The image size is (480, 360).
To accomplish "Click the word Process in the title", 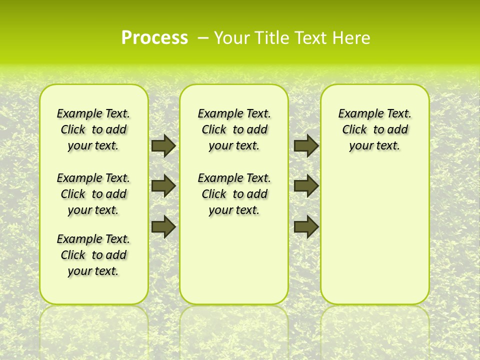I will [154, 37].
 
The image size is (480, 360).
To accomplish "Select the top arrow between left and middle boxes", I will [163, 145].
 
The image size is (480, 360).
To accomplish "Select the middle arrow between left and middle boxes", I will [163, 186].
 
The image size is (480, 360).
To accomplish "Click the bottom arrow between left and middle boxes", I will [163, 226].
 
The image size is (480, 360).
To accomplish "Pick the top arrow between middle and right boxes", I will [306, 145].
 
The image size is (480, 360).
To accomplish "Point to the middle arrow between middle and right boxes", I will [306, 186].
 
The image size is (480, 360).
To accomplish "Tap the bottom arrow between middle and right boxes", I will [306, 226].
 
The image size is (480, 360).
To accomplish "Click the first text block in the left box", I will [93, 129].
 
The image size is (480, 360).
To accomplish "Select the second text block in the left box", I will [93, 194].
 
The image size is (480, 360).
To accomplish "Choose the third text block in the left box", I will [93, 255].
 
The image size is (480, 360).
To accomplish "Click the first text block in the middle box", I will [234, 129].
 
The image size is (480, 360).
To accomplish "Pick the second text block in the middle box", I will [234, 194].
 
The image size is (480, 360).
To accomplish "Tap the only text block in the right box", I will [374, 129].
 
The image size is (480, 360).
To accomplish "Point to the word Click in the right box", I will [354, 129].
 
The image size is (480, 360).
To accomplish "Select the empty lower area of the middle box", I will [234, 260].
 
